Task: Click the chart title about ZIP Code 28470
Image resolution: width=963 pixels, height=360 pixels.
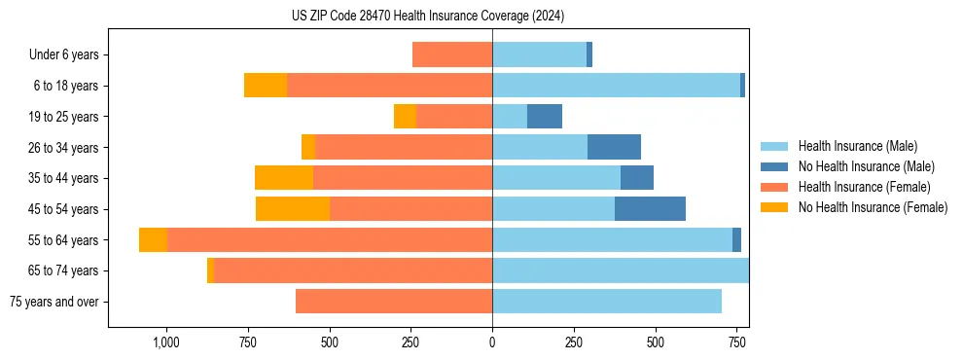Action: click(428, 16)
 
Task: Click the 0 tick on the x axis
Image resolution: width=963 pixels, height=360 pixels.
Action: click(492, 342)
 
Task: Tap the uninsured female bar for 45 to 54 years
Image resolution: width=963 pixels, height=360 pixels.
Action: click(293, 209)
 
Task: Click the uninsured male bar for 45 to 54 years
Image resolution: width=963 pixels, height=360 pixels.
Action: click(650, 209)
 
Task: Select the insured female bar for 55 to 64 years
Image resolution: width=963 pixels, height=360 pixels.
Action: click(330, 240)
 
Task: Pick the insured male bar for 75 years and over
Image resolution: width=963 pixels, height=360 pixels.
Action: click(607, 302)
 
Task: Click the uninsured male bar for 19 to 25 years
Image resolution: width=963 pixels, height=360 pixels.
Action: click(545, 117)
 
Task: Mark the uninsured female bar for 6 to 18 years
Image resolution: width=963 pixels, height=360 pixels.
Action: click(266, 86)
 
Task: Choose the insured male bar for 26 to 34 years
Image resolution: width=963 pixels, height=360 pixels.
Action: click(540, 147)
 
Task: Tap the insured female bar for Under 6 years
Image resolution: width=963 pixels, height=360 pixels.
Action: click(452, 54)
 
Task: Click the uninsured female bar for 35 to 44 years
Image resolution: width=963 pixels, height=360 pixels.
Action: click(284, 178)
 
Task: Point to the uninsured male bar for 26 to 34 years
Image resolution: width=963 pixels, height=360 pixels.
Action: click(614, 147)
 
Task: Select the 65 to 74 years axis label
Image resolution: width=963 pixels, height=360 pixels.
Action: click(64, 270)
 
